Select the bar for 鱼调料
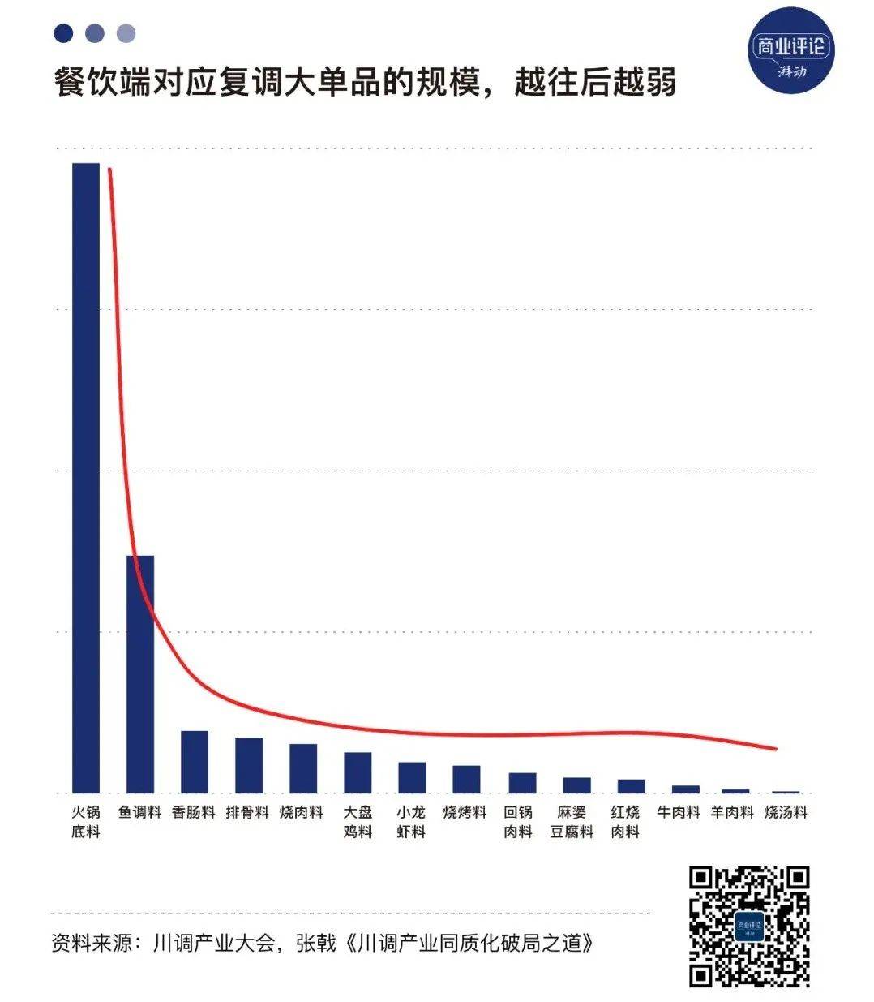[140, 673]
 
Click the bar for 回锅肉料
[522, 782]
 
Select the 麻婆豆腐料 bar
[576, 785]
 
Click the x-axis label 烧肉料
[302, 812]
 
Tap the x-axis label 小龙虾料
[411, 821]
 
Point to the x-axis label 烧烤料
[465, 812]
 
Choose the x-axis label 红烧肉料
[625, 821]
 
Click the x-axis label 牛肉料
[678, 812]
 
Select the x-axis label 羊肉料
[732, 812]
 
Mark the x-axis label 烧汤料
[786, 812]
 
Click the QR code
[749, 927]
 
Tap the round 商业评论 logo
[790, 54]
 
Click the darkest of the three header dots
[63, 33]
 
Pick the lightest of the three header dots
[126, 33]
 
